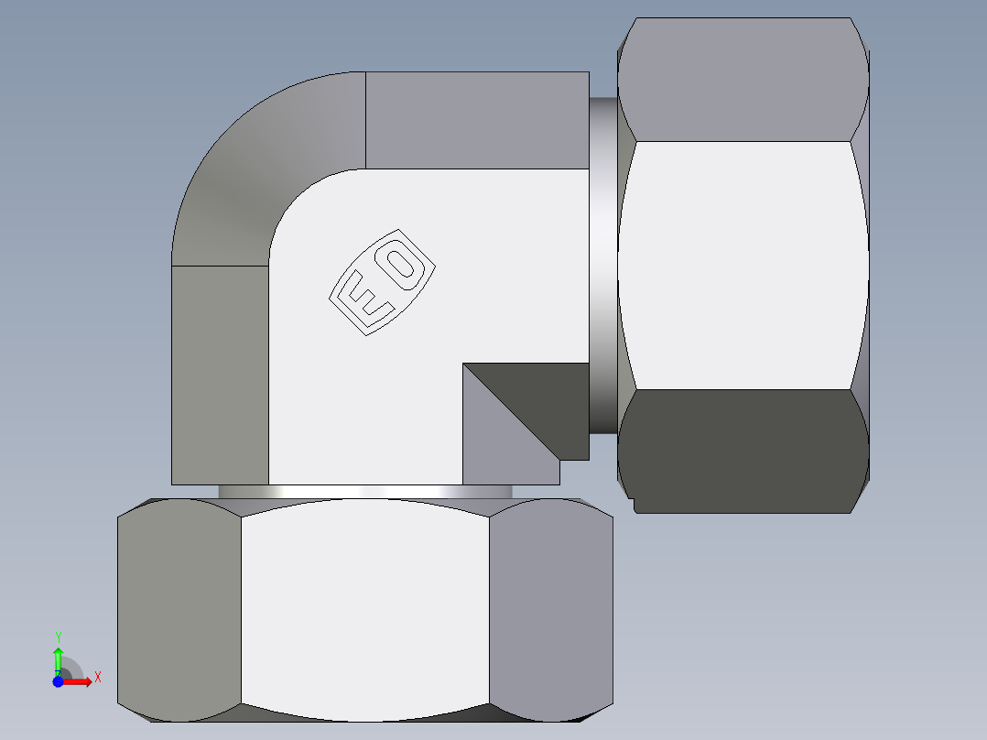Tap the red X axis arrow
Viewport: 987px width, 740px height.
point(77,681)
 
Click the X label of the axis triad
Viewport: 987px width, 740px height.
point(97,677)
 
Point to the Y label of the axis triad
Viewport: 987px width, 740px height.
point(58,637)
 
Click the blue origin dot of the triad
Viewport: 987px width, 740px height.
point(57,681)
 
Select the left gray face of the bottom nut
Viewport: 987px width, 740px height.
point(179,609)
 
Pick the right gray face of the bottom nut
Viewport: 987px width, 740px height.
point(550,609)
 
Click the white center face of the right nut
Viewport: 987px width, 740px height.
point(742,266)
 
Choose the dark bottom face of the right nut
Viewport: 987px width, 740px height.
point(742,449)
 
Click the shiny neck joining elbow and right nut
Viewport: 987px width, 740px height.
point(602,266)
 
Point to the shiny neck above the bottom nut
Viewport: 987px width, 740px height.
point(364,492)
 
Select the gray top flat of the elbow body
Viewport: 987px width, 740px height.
point(476,120)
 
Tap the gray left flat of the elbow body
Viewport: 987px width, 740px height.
point(220,375)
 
